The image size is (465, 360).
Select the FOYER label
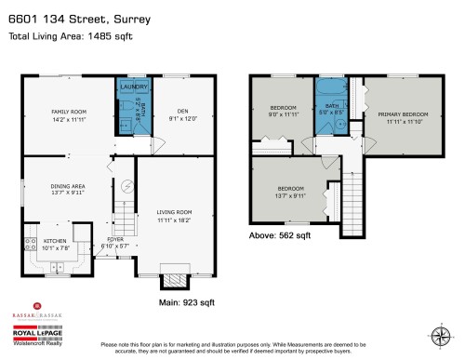pyautogui.click(x=115, y=239)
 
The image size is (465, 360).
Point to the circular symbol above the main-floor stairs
pyautogui.click(x=127, y=186)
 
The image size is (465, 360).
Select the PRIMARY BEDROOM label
pyautogui.click(x=400, y=115)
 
